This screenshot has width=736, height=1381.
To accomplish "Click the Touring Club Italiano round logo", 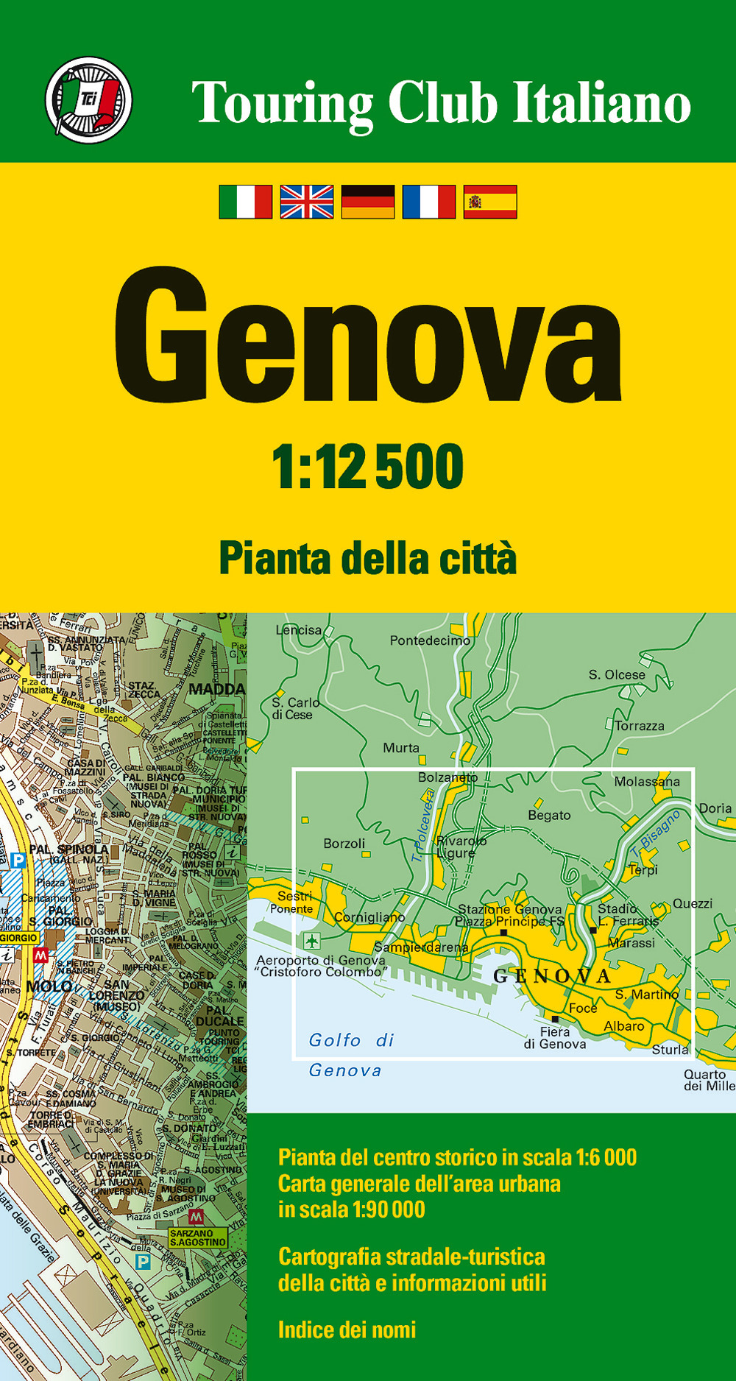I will [88, 99].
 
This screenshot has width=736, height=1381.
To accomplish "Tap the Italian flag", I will [246, 202].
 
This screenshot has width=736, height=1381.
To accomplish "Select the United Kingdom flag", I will [307, 202].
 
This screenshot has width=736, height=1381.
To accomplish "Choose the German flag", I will [368, 202].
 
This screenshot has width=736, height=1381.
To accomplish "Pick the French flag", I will [429, 202].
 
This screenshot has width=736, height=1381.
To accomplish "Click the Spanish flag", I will [490, 202].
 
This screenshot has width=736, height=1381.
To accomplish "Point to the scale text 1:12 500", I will [368, 466].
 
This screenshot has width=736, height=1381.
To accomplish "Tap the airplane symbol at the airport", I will [311, 940].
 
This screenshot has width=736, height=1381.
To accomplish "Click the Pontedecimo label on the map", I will [430, 640].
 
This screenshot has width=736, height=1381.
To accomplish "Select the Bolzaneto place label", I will [447, 777].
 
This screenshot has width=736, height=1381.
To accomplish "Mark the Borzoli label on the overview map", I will [344, 844].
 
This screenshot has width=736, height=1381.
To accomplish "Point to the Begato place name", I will [549, 816].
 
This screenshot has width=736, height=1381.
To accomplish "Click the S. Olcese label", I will [617, 674].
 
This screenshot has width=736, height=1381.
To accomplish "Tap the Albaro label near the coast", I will [624, 1026].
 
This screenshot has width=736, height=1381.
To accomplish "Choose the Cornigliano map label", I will [369, 917].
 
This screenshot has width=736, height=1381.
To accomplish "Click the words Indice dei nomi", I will [347, 1329].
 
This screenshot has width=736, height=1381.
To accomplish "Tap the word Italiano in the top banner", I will [601, 103].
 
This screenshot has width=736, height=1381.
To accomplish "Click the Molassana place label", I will [647, 782].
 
